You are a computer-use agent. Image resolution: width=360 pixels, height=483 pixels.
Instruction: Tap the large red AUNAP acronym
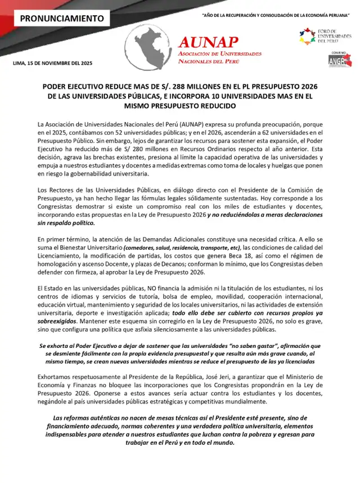pyautogui.click(x=208, y=41)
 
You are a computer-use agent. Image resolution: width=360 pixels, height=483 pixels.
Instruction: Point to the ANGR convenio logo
pyautogui.click(x=339, y=59)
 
